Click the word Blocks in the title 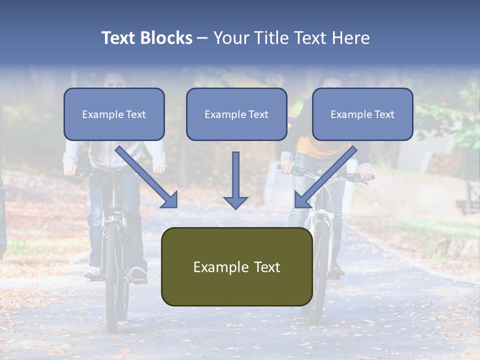point(166,38)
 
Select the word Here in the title point(350,38)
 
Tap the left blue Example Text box point(114,114)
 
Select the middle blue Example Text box point(236,114)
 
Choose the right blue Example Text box point(362,114)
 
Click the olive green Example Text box point(236,266)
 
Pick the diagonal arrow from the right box point(324,177)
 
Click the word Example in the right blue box point(348,114)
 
